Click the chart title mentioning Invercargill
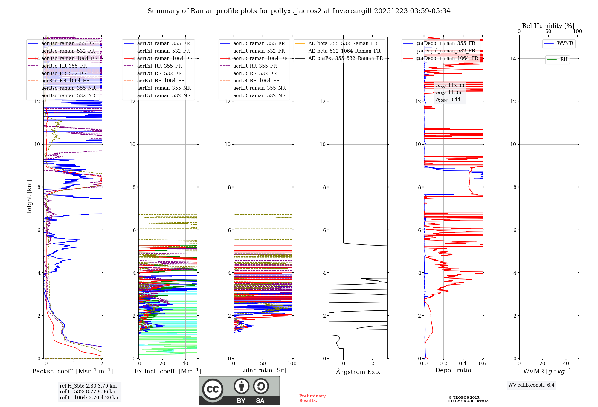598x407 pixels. (299, 11)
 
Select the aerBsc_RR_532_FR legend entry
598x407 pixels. (64, 73)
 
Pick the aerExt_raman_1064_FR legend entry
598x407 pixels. (165, 59)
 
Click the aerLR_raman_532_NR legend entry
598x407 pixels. (259, 96)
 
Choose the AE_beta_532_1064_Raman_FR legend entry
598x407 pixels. (344, 51)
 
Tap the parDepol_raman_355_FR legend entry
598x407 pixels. (446, 43)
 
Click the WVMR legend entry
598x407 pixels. (565, 43)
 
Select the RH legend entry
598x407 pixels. (564, 60)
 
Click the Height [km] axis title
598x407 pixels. (29, 198)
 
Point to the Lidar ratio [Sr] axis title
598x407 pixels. (263, 370)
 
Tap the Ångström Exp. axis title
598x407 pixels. (358, 372)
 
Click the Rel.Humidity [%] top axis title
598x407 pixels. (548, 26)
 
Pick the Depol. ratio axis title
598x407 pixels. (453, 370)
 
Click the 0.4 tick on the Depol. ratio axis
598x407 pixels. (463, 363)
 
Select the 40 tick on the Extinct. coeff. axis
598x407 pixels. (185, 363)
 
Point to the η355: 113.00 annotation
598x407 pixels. (450, 86)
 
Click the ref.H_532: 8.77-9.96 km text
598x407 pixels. (88, 391)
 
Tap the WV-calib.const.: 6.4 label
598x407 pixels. (531, 385)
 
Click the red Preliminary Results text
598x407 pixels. (312, 398)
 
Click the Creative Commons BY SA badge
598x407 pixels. (239, 390)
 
